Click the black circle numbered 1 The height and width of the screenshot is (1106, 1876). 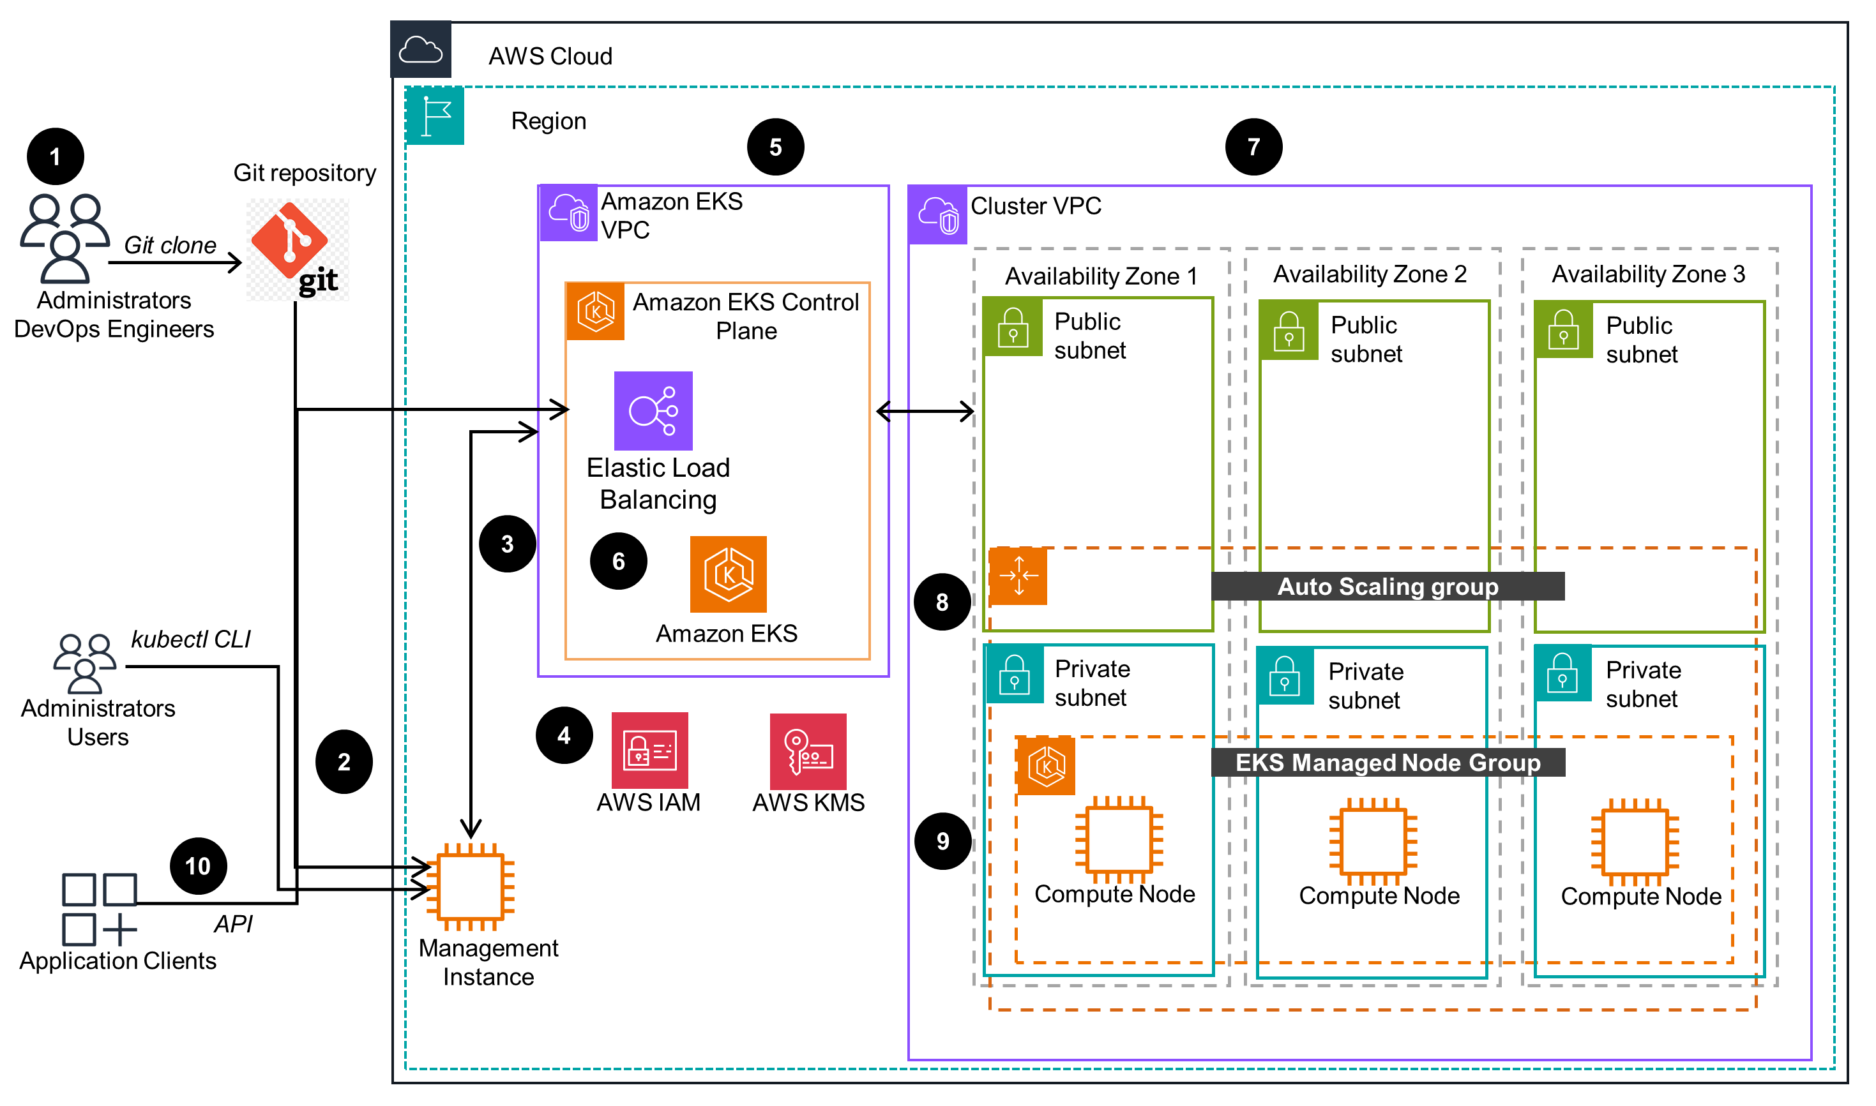(55, 157)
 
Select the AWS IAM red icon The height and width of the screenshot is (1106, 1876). (649, 751)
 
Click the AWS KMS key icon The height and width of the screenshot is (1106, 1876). (808, 751)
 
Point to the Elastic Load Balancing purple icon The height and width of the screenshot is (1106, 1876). (653, 410)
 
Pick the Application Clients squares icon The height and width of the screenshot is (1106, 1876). (99, 909)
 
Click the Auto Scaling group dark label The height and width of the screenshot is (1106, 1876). (1388, 587)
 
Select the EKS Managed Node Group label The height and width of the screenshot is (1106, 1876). (1388, 763)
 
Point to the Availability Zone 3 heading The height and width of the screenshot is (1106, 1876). (1648, 274)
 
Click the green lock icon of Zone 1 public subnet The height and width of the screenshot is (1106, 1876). (1013, 327)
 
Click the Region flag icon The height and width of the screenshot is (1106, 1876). (435, 116)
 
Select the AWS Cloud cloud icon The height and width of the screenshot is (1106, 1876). (421, 50)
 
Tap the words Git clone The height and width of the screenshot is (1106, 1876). (170, 245)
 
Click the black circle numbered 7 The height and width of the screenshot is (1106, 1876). (1253, 147)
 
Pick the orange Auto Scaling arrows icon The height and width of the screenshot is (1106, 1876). (1018, 576)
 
